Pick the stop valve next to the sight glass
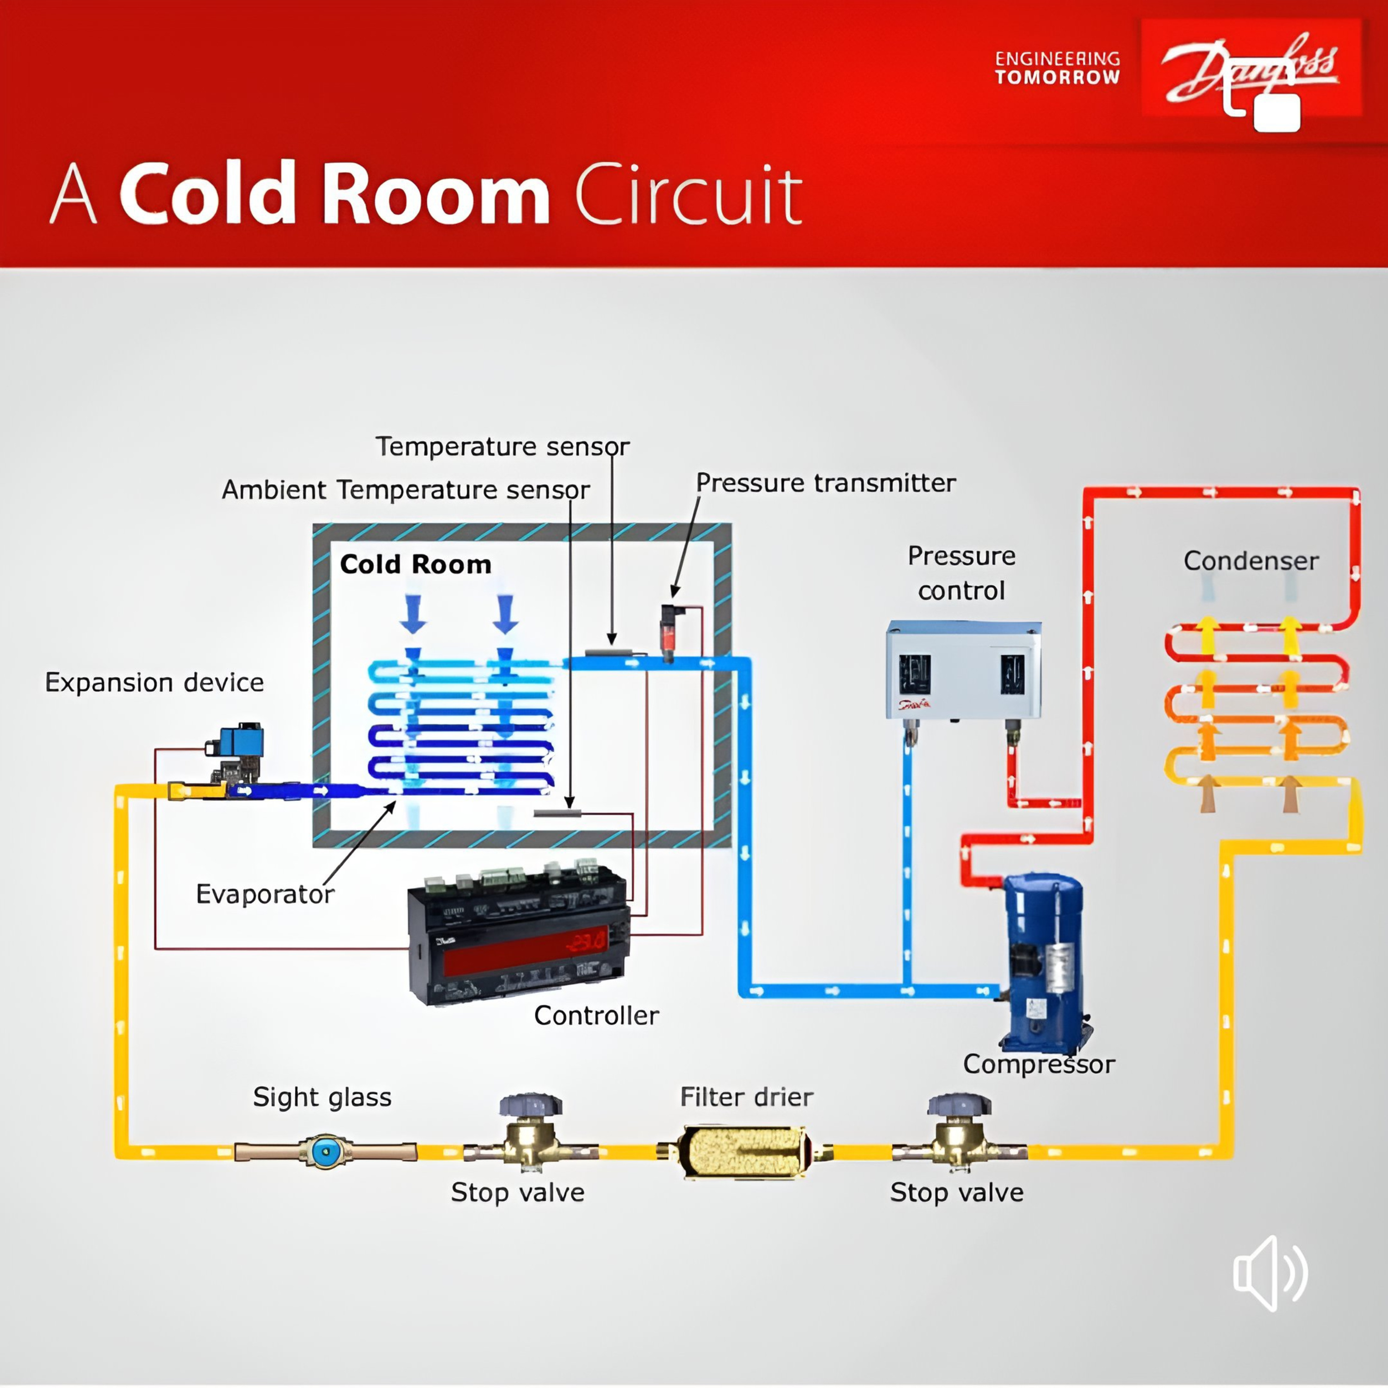point(530,1134)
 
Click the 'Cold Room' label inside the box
point(415,564)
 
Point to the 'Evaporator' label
point(264,894)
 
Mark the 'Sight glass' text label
point(322,1097)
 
